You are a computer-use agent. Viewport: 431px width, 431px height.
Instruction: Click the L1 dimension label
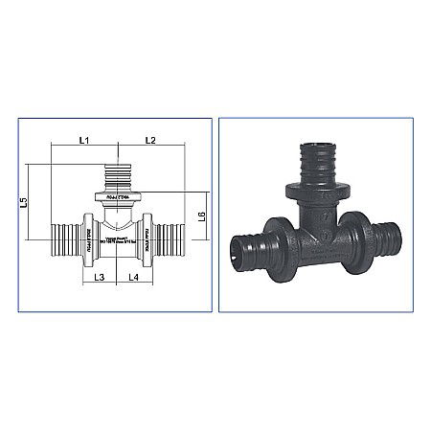pyautogui.click(x=83, y=141)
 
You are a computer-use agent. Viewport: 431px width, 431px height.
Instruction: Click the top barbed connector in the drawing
pyautogui.click(x=118, y=176)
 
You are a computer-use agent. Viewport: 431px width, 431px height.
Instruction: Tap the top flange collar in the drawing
pyautogui.click(x=118, y=198)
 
